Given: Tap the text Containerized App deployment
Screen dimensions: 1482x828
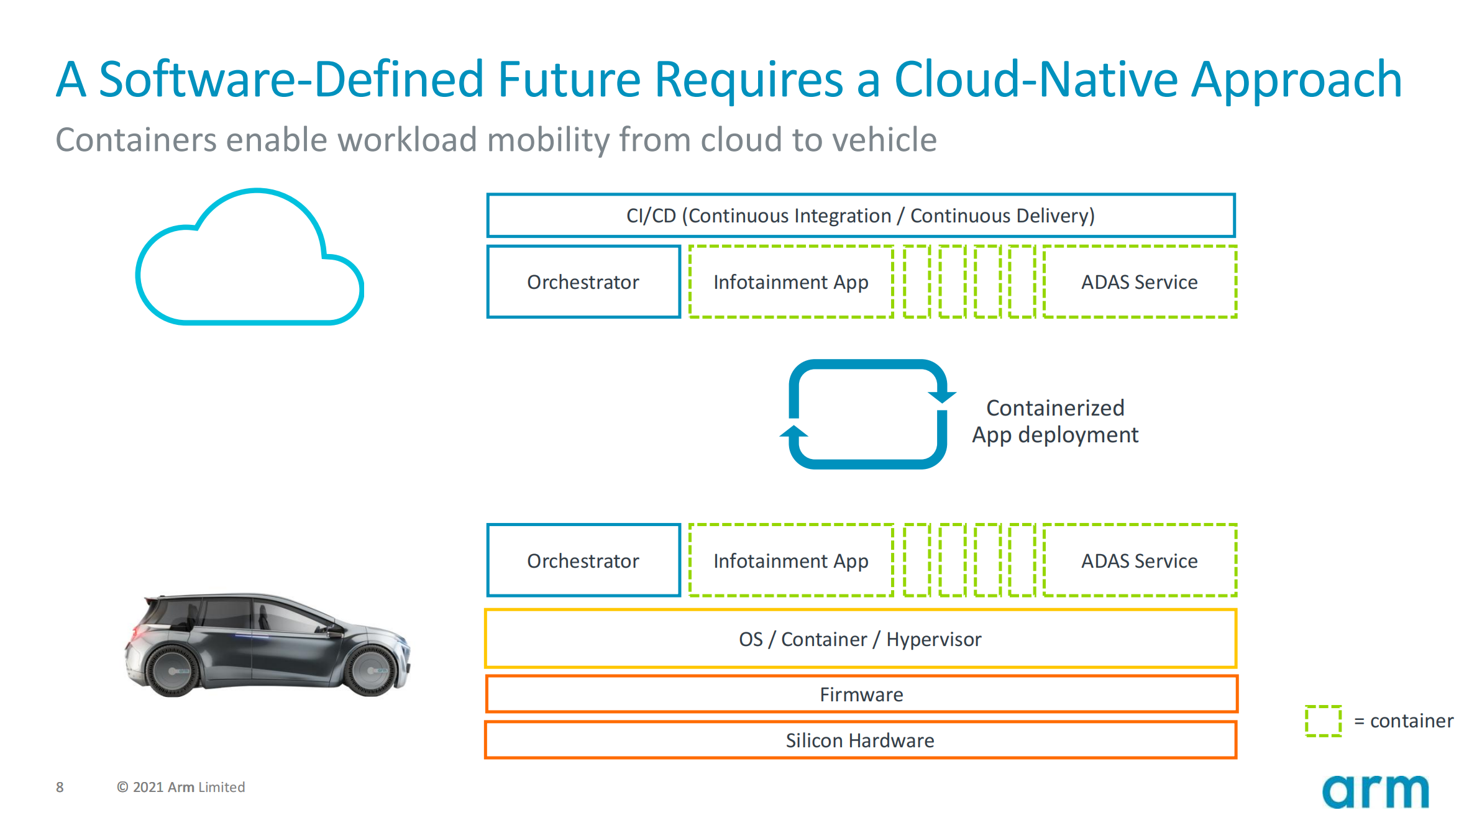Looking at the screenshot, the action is [1055, 422].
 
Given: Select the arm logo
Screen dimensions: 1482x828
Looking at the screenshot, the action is [1375, 792].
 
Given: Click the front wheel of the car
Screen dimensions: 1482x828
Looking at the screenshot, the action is [372, 670].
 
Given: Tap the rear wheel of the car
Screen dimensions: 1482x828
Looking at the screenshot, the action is [173, 671].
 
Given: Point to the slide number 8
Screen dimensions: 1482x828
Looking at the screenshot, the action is [60, 787].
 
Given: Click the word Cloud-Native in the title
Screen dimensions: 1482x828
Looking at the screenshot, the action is [1036, 80].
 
